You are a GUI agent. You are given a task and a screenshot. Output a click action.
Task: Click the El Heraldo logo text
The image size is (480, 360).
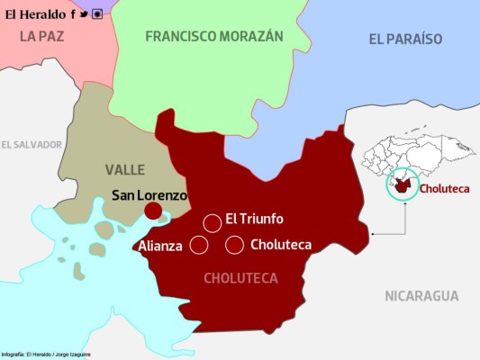34,13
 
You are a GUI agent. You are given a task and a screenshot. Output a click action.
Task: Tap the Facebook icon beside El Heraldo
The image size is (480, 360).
73,13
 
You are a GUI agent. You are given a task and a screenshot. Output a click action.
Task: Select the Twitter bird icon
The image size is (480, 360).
84,13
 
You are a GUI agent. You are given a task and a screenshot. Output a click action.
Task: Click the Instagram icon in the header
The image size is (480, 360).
96,13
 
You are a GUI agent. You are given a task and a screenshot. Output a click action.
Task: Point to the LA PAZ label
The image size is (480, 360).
42,37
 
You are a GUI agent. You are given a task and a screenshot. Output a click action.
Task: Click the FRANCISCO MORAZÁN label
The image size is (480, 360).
214,37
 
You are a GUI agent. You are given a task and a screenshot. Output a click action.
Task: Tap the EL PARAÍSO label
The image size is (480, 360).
405,39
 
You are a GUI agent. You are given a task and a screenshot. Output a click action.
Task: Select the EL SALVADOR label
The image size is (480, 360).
32,144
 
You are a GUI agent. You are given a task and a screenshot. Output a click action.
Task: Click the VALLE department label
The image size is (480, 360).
124,170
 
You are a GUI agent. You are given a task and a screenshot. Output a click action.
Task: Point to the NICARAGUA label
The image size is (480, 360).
421,296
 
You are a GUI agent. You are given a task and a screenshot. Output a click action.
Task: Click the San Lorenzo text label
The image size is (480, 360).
149,194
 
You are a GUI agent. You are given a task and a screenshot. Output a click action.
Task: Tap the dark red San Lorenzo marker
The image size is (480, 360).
153,211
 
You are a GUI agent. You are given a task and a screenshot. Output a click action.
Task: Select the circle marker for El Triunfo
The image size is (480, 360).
212,222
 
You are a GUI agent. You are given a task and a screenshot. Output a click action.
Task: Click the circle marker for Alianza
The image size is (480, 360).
199,245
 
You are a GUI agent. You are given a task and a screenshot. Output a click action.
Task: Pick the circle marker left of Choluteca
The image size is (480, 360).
235,245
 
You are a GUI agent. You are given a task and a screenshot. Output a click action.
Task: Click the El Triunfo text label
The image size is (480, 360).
254,219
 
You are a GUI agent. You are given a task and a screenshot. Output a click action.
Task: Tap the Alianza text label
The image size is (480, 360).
160,246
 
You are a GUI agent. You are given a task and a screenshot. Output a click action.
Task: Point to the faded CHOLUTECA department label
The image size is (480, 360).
240,278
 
